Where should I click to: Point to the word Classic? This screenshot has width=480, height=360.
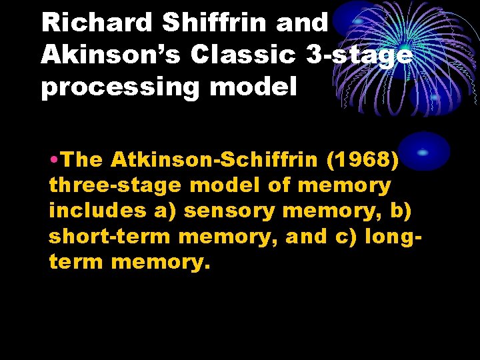click(243, 55)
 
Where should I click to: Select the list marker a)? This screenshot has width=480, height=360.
click(167, 210)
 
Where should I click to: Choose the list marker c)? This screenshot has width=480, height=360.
click(347, 235)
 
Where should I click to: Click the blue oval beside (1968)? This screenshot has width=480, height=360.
click(423, 151)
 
